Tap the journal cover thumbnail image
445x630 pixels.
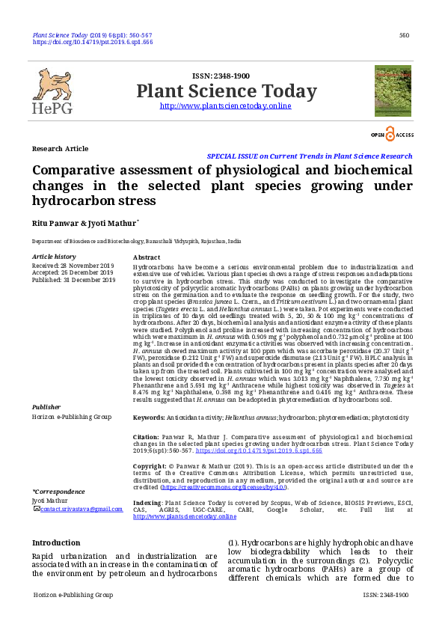[393, 91]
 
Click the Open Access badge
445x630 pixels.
[393, 134]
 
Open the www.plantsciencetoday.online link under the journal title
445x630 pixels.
[226, 106]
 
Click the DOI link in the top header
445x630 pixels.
[92, 43]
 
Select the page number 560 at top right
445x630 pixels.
[404, 35]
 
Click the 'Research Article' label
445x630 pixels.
[60, 149]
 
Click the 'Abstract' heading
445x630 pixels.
[146, 257]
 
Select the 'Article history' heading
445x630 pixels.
[54, 257]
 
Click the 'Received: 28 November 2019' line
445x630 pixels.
[73, 266]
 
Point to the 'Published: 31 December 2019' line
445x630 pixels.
[73, 281]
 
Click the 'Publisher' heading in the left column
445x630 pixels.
[46, 407]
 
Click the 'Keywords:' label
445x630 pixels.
[149, 417]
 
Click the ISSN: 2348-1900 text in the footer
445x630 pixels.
[385, 595]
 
